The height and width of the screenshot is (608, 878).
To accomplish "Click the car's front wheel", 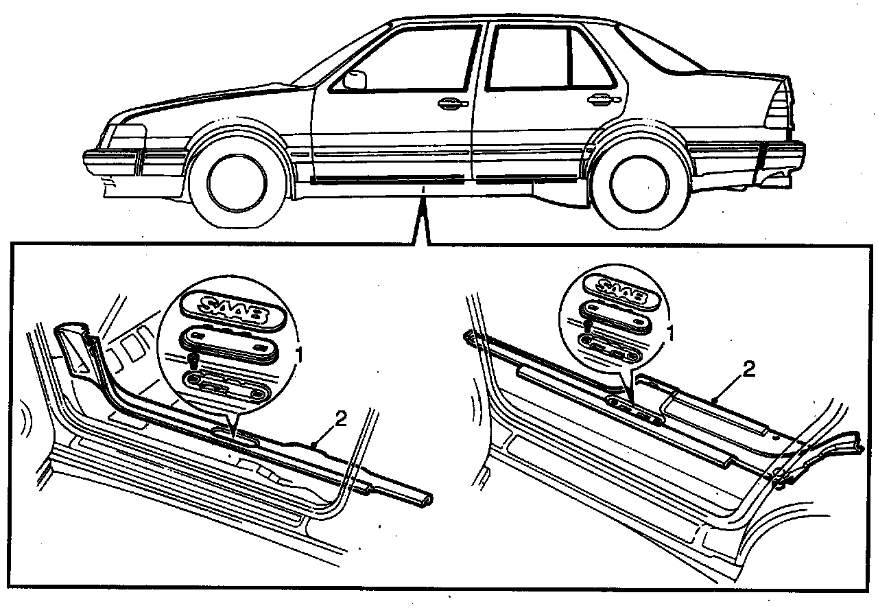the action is click(237, 184).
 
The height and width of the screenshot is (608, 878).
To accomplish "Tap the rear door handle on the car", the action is click(601, 100).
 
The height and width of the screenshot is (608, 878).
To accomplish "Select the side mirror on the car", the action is click(355, 80).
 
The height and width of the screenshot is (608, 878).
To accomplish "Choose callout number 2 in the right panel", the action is click(749, 371).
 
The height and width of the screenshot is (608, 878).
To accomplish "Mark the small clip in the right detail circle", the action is click(588, 326).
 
